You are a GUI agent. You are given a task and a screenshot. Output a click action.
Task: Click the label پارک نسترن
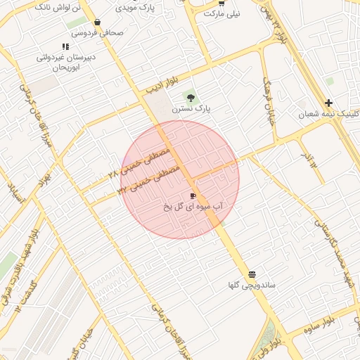click(x=192, y=109)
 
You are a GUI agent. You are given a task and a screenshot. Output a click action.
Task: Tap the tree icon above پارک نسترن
click(x=189, y=97)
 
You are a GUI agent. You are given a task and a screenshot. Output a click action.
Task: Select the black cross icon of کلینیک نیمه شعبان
click(x=328, y=103)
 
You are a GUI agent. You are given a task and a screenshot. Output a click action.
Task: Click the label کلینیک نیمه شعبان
click(x=329, y=114)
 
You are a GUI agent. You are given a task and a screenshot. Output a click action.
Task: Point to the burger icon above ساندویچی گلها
click(x=252, y=274)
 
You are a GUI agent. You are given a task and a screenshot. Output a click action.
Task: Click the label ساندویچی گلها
click(x=250, y=285)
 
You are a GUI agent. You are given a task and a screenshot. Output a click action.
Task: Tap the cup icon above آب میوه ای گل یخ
click(x=193, y=195)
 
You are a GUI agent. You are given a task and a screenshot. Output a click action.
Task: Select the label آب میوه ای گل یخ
click(x=193, y=207)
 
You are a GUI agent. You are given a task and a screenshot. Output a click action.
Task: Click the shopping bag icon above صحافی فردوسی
click(x=96, y=22)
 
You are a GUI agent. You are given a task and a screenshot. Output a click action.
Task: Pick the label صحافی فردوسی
click(x=97, y=33)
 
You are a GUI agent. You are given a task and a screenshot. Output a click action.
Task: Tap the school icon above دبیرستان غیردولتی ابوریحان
click(x=65, y=46)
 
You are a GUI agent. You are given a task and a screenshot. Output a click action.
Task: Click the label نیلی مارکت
click(x=222, y=13)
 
